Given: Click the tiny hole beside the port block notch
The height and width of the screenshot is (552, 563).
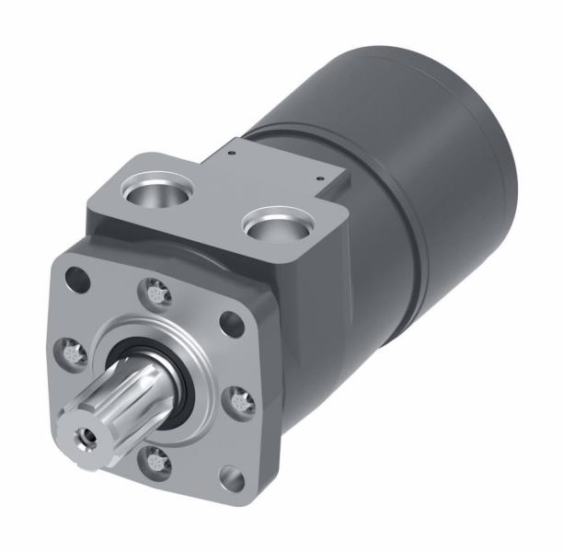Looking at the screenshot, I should click(317, 178).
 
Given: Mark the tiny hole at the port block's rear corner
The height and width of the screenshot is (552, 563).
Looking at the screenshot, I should click(235, 144).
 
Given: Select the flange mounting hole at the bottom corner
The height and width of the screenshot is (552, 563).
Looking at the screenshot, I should click(233, 479).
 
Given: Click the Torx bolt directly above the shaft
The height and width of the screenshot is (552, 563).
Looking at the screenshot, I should click(155, 294).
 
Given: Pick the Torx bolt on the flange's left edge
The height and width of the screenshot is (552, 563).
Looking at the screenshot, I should click(69, 349).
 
